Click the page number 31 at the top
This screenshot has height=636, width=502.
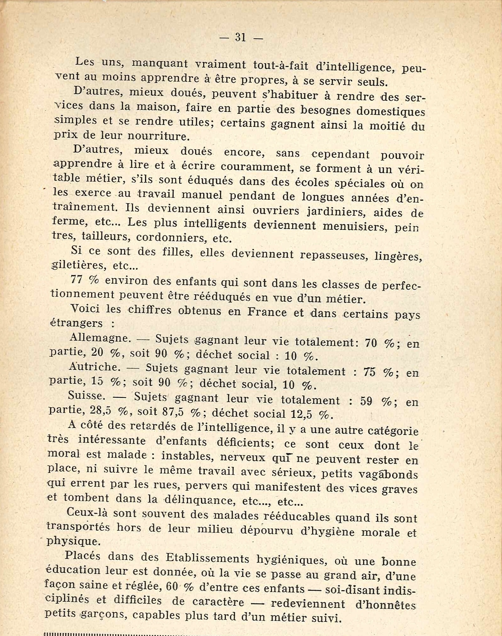pyautogui.click(x=241, y=37)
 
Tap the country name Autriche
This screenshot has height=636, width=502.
pyautogui.click(x=94, y=367)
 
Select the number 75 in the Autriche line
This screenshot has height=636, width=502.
pyautogui.click(x=369, y=372)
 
